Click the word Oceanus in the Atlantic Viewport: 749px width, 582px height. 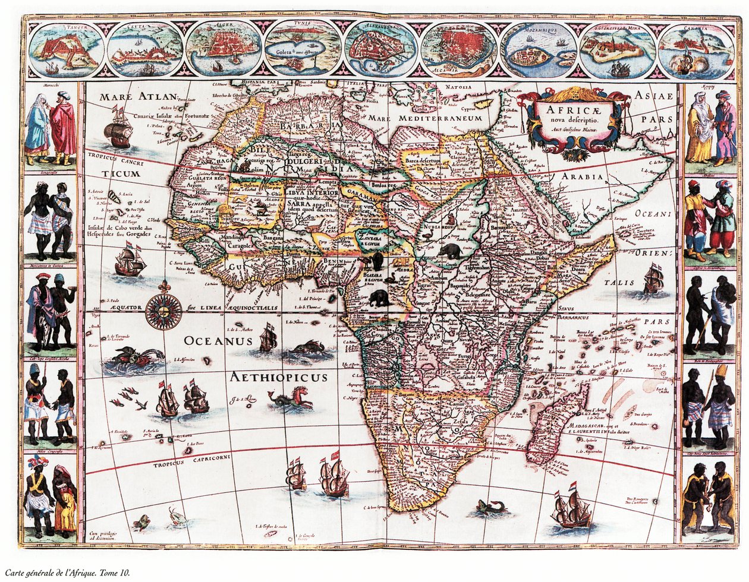[218, 341]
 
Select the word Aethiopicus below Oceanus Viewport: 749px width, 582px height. [279, 377]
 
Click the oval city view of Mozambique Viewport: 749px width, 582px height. [539, 49]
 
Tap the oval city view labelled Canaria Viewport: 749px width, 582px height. [696, 50]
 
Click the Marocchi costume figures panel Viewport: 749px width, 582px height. [50, 128]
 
